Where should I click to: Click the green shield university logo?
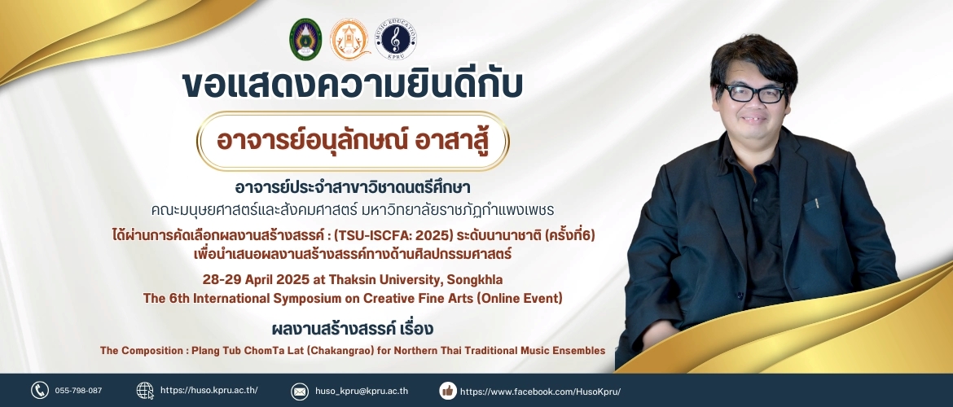pyautogui.click(x=305, y=40)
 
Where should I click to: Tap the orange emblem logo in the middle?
pyautogui.click(x=349, y=40)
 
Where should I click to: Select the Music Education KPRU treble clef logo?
pyautogui.click(x=396, y=40)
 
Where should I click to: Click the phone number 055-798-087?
pyautogui.click(x=78, y=391)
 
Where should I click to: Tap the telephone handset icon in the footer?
pyautogui.click(x=40, y=390)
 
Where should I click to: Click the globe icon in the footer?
pyautogui.click(x=145, y=390)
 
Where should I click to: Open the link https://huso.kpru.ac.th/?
pyautogui.click(x=209, y=391)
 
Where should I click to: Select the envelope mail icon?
pyautogui.click(x=300, y=392)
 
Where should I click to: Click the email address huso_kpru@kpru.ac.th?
pyautogui.click(x=362, y=392)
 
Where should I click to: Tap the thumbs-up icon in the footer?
pyautogui.click(x=448, y=391)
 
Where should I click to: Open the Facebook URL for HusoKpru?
pyautogui.click(x=540, y=392)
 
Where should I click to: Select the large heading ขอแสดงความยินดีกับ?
pyautogui.click(x=353, y=85)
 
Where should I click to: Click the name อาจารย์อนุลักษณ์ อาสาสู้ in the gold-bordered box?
pyautogui.click(x=353, y=140)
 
